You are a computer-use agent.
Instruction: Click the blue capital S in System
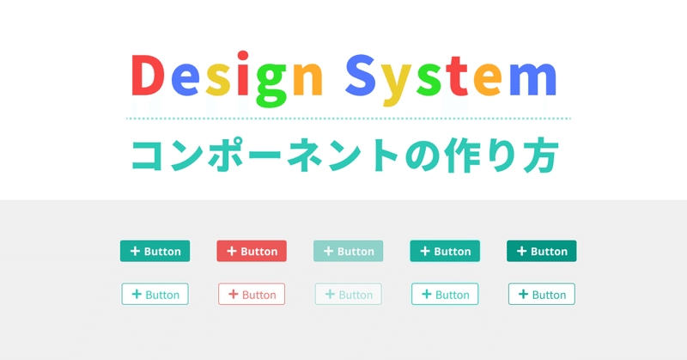tap(365, 78)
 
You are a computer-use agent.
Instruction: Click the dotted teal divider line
tap(348, 119)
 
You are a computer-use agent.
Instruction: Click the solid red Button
tap(252, 251)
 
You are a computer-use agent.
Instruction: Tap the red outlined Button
tap(252, 294)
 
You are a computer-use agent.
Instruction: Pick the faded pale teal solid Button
tap(348, 251)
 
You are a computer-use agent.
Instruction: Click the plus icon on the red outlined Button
tap(231, 294)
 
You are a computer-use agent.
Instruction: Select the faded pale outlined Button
tap(348, 294)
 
